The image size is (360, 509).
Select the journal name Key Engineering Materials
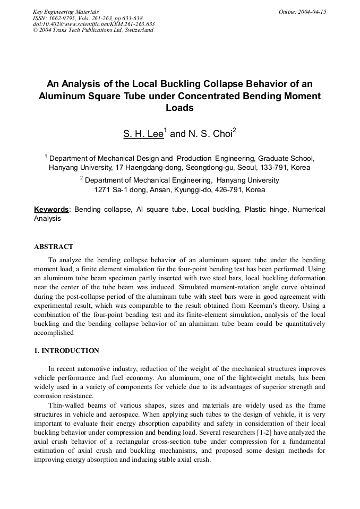[x=66, y=12]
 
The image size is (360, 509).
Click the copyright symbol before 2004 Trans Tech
[x=35, y=30]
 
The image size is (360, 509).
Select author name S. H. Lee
[x=143, y=134]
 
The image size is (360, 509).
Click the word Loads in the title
[x=179, y=108]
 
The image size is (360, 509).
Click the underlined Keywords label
[x=52, y=209]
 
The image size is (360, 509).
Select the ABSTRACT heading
[x=54, y=247]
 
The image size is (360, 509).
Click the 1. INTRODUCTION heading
[x=66, y=351]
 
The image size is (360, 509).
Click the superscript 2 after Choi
[x=234, y=130]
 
